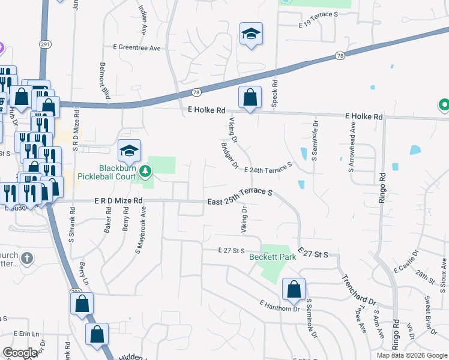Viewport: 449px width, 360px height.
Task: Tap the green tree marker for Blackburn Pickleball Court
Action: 145,173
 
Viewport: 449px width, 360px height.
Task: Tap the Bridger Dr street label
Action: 229,155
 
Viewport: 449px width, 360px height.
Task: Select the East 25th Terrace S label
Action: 240,197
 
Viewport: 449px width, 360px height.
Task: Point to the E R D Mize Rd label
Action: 118,201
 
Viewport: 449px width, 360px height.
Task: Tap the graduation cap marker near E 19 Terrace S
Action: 251,34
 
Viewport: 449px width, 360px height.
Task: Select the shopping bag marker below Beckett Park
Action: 294,290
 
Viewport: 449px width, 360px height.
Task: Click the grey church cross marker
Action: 26,259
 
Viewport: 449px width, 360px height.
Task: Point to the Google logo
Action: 20,353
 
